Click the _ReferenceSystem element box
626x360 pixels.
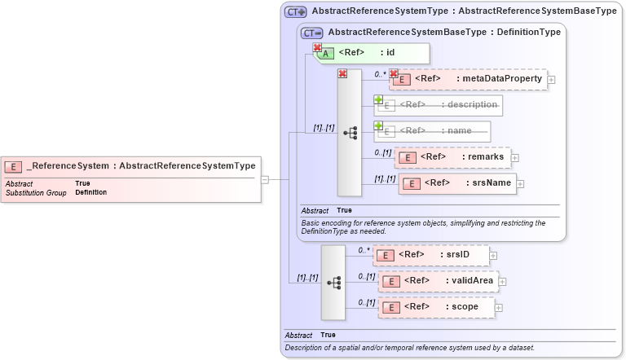130,166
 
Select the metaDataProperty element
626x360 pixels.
469,79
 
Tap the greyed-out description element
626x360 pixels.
439,105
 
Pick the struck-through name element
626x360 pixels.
432,130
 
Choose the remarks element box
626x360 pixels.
452,157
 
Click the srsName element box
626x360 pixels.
456,183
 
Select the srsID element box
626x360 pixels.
431,255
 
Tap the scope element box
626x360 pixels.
437,307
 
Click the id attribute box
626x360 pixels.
371,53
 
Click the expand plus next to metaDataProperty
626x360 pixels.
552,80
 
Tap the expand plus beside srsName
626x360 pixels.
521,184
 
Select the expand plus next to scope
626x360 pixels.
499,308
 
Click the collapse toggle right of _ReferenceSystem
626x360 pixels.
265,179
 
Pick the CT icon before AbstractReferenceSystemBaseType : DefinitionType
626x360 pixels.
312,33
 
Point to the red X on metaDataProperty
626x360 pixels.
394,74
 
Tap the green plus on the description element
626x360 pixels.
378,99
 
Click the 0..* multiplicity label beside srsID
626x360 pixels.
364,250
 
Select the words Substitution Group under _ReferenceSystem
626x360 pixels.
36,192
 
